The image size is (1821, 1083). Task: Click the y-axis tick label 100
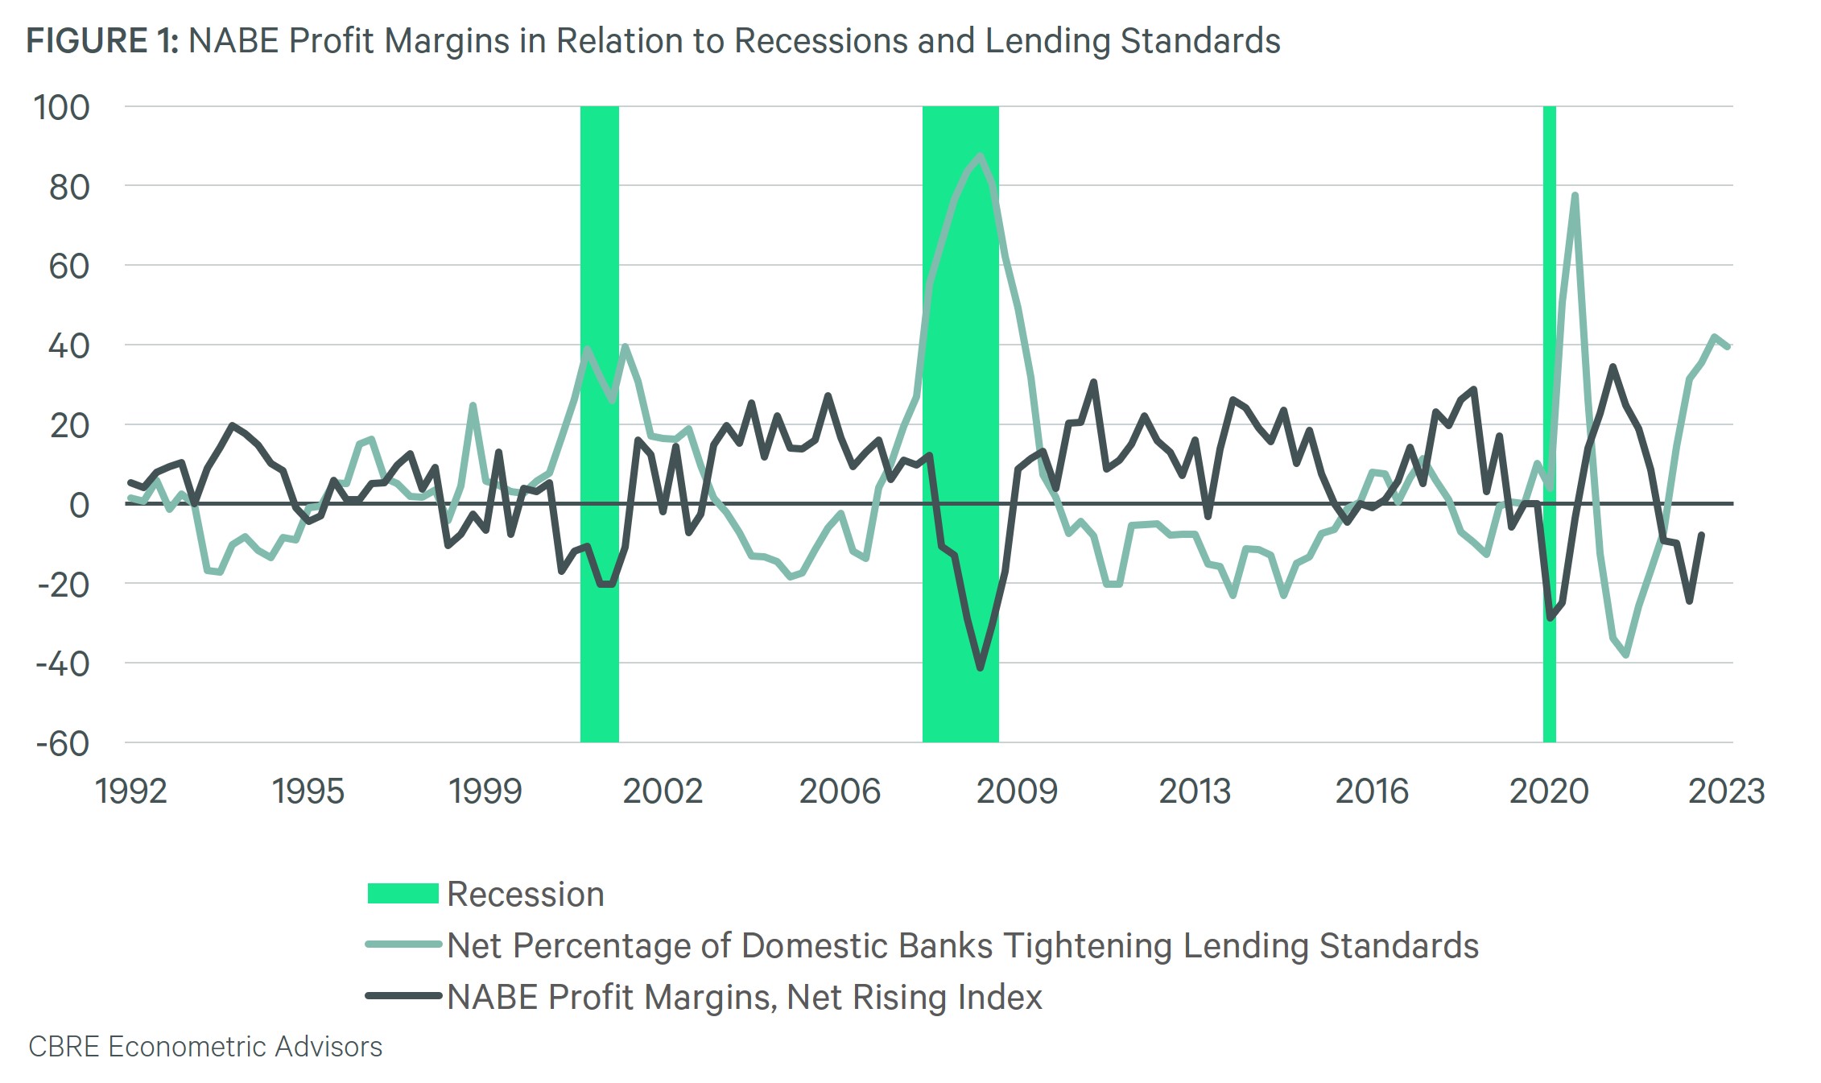[61, 108]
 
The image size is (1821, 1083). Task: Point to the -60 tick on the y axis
[63, 743]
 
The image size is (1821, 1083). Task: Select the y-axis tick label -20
[63, 585]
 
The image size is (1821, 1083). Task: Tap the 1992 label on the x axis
[130, 792]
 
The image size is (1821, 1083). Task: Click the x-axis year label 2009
[1017, 792]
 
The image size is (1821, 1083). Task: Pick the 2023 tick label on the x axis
[1726, 792]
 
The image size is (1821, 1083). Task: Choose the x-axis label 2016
[1372, 792]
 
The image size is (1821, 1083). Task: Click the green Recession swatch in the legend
[403, 894]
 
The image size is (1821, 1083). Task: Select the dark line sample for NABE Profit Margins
[403, 996]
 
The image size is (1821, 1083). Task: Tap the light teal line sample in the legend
[403, 945]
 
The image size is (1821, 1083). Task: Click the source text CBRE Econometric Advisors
[205, 1047]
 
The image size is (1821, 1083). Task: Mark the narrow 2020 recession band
[1549, 424]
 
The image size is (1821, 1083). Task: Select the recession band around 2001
[600, 424]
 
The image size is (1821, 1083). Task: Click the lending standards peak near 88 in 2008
[980, 155]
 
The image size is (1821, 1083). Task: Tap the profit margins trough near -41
[980, 668]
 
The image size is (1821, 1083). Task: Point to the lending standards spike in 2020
[1574, 196]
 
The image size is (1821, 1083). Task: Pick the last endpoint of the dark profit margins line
[1701, 535]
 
